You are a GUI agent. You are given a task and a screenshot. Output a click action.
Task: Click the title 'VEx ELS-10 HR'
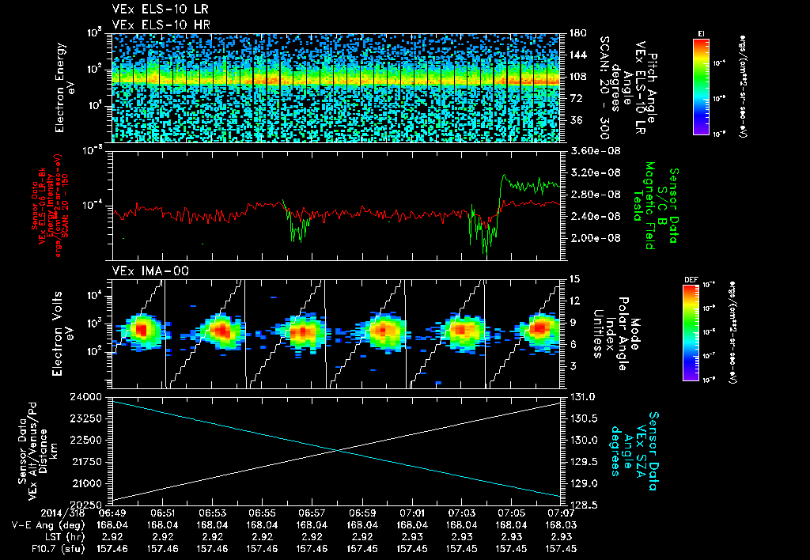[153, 25]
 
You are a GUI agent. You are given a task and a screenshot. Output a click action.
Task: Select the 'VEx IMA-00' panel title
[143, 271]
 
